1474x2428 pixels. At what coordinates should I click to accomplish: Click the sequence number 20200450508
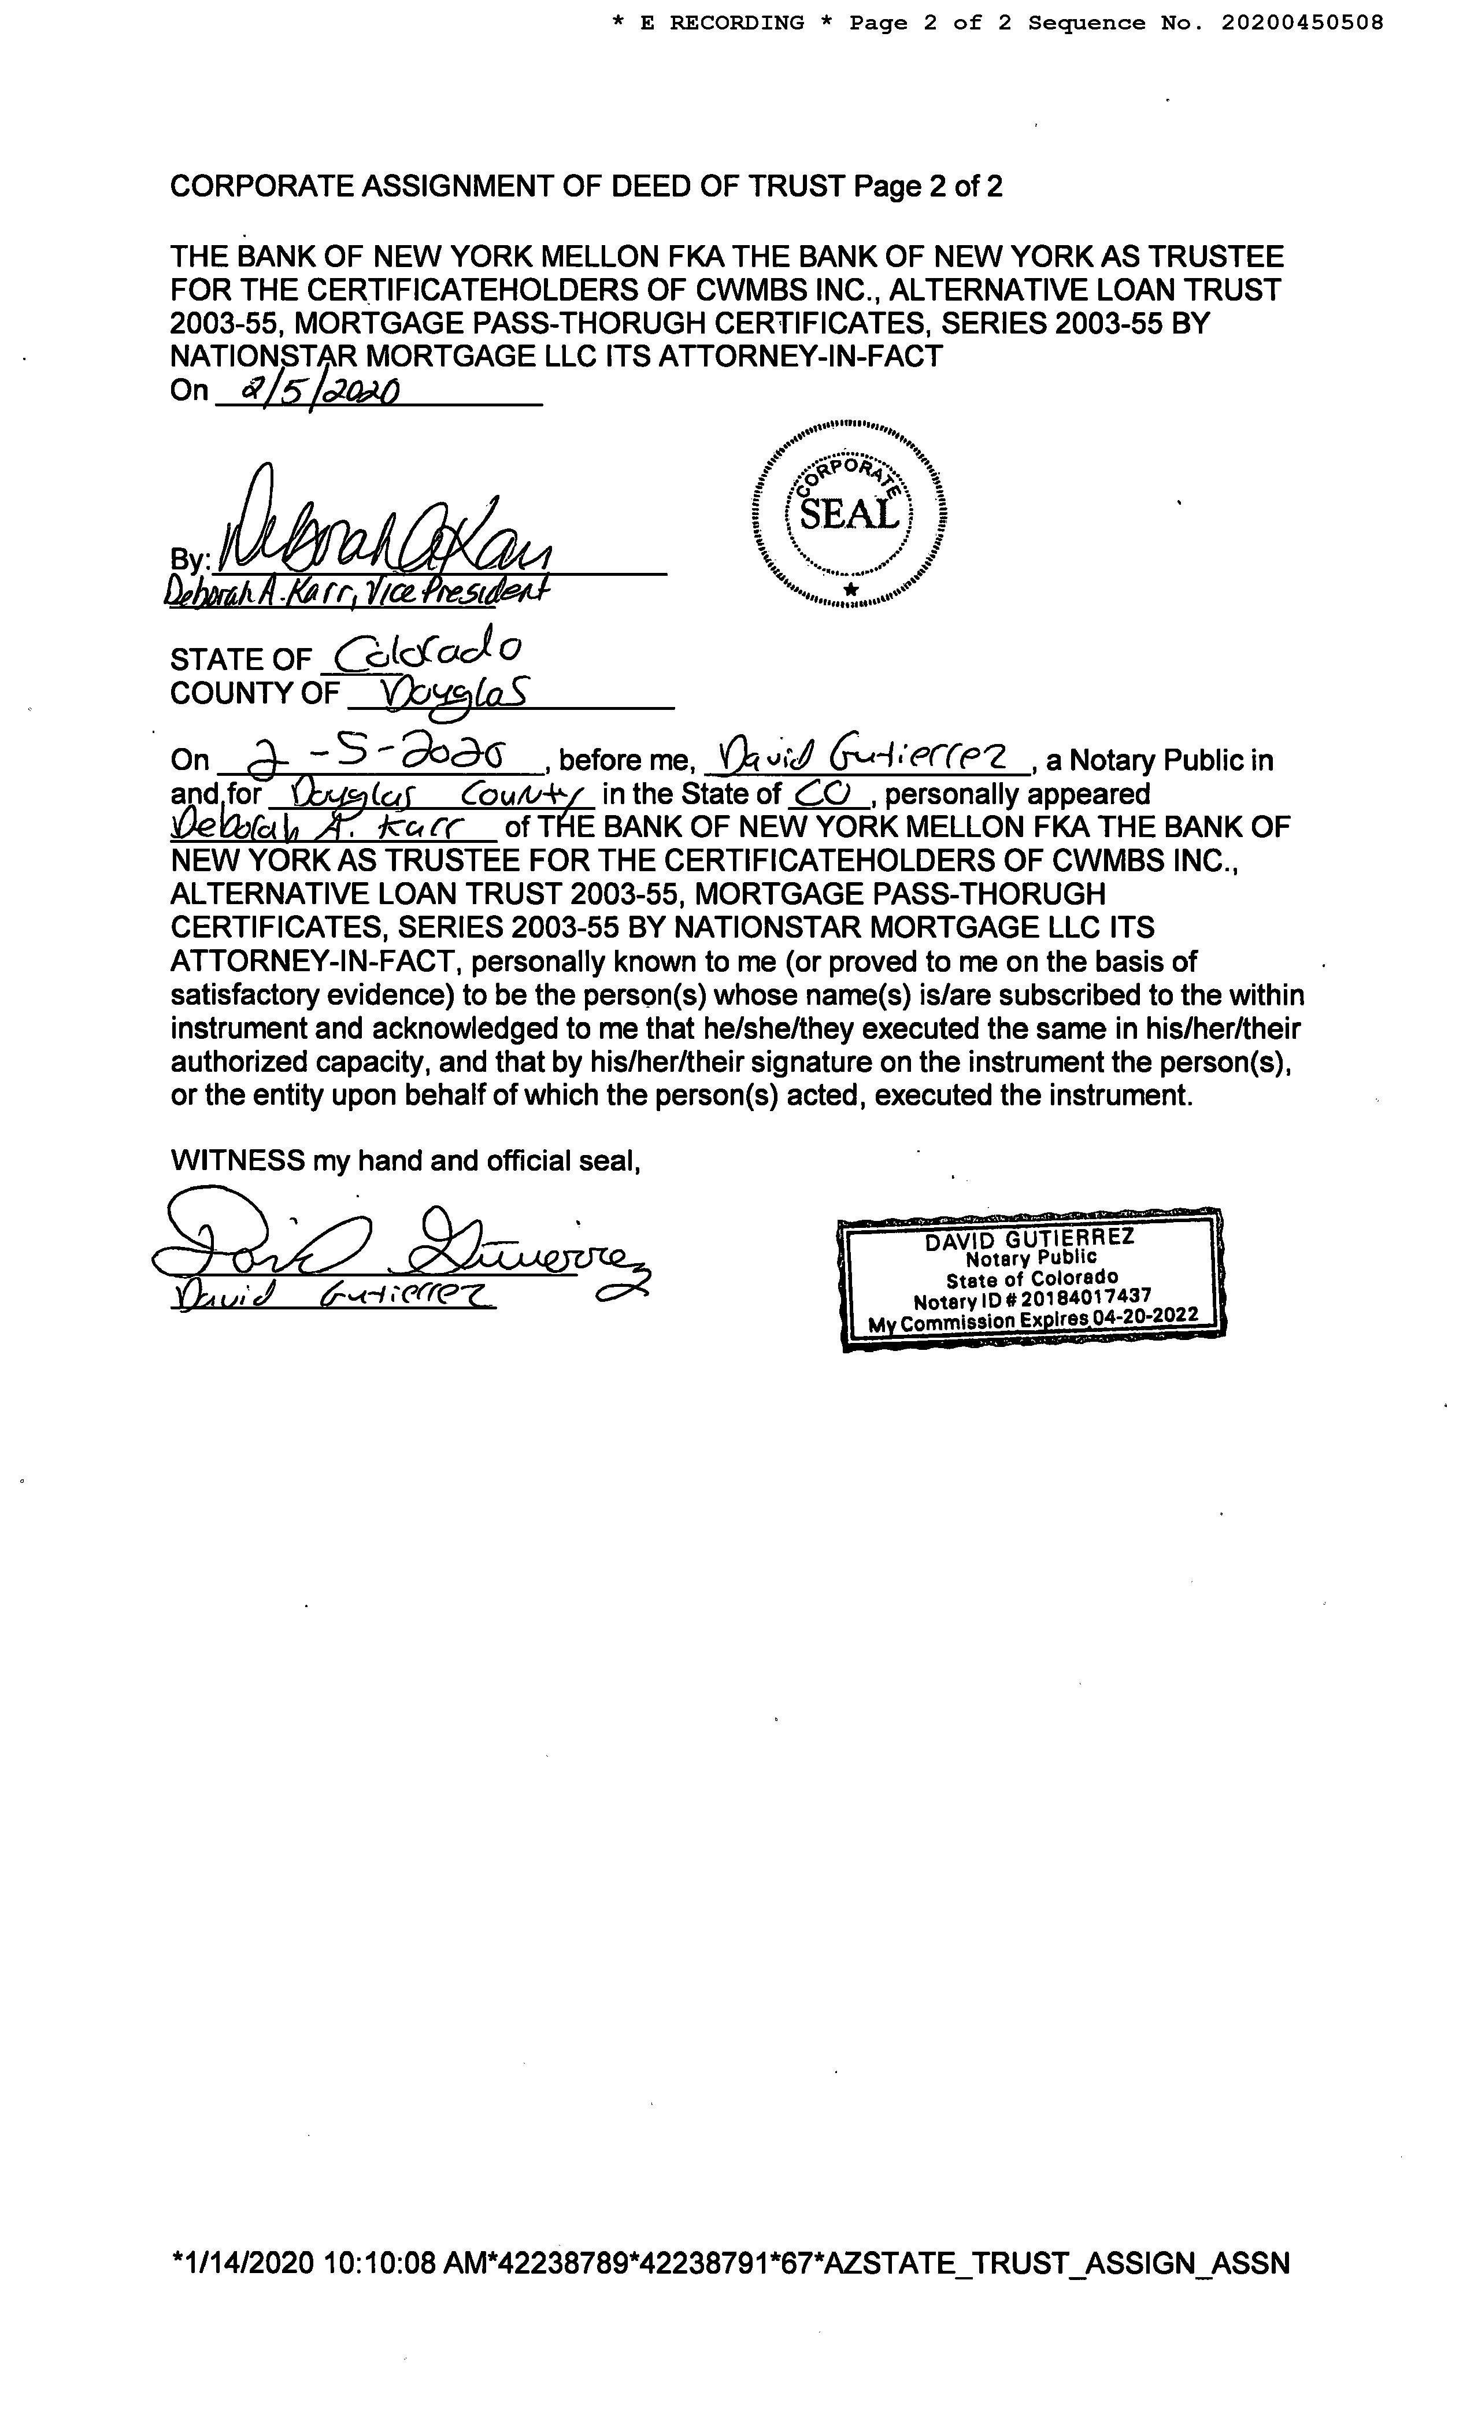(1302, 23)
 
